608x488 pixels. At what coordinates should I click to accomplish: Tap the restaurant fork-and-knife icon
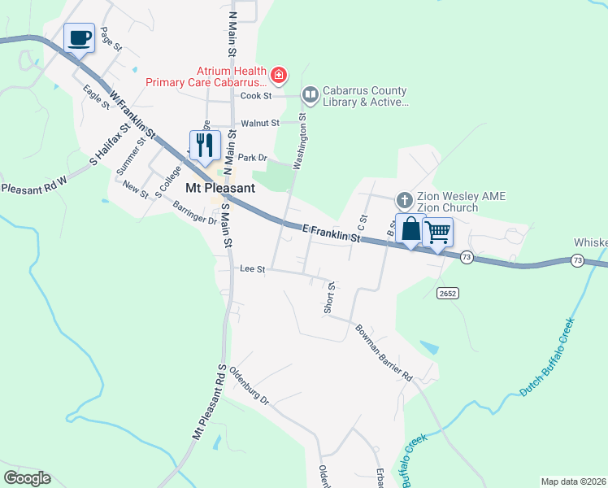204,145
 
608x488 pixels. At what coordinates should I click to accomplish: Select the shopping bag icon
410,230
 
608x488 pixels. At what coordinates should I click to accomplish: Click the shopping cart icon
437,233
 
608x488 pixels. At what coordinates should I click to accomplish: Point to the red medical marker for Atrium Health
279,76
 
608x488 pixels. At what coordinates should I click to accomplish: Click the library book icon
310,95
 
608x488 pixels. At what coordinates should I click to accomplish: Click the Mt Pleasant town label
220,188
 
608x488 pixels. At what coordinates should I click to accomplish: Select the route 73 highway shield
466,257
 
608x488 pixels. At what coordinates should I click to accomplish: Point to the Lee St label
253,268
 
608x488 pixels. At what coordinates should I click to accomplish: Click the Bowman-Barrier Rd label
384,354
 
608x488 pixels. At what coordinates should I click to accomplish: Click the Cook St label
254,96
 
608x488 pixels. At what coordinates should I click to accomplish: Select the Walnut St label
260,124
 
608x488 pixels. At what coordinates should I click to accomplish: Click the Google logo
27,478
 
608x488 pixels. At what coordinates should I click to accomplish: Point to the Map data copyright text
573,481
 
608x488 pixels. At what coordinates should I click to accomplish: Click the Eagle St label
96,98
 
